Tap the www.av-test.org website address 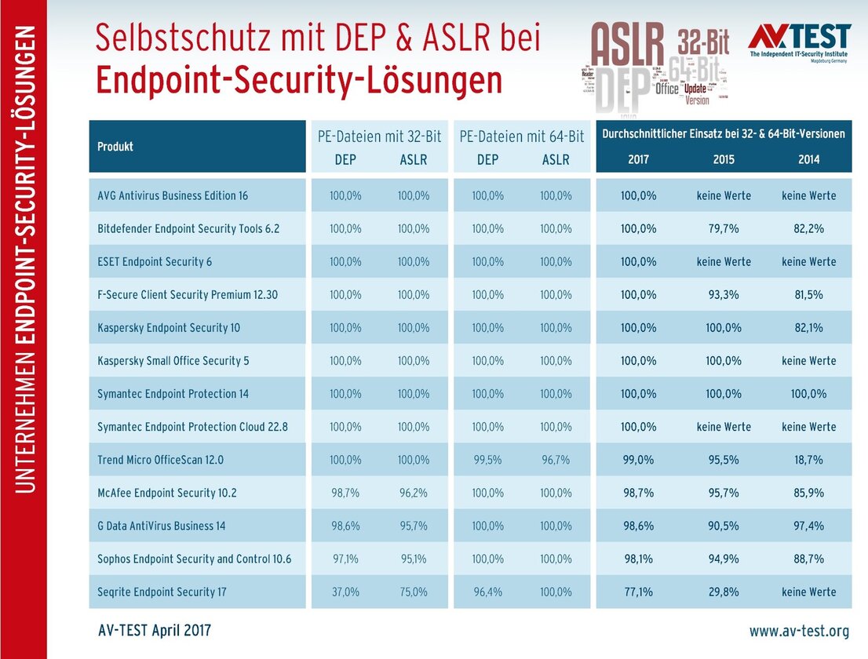(x=799, y=631)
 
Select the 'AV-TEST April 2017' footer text (x=154, y=631)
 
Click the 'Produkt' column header (x=115, y=147)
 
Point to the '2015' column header (x=724, y=159)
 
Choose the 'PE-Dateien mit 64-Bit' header (x=521, y=137)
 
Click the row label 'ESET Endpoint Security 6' (x=155, y=261)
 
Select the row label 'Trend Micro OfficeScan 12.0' (x=160, y=460)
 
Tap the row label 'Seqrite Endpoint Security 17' (x=162, y=592)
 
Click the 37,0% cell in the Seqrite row (x=345, y=592)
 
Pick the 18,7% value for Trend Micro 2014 (x=809, y=460)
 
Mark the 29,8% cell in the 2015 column (x=724, y=592)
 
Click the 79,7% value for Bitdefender (x=724, y=228)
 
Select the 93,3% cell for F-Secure (x=724, y=294)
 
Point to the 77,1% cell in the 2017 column (x=638, y=592)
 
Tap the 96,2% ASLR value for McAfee (x=414, y=493)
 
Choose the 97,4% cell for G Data (x=809, y=526)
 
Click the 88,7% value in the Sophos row (x=809, y=559)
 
